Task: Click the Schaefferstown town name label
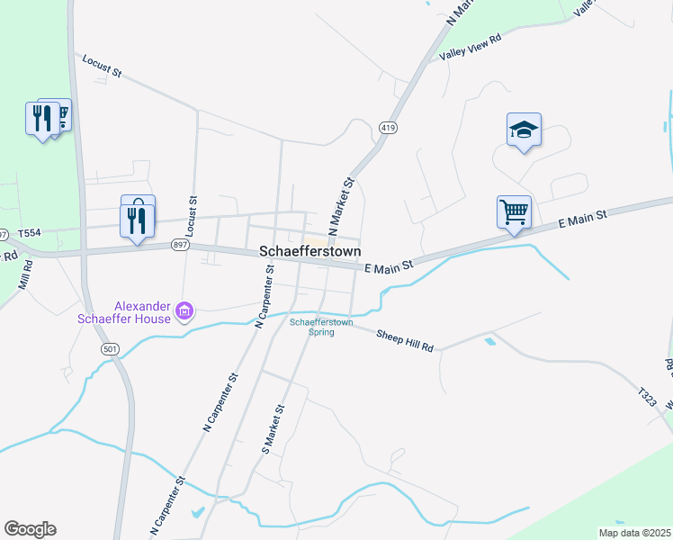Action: [310, 252]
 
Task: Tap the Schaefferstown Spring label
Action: [321, 327]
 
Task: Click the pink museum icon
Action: [185, 311]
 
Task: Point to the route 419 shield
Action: [388, 129]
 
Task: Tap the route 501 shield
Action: [111, 348]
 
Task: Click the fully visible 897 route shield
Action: [179, 244]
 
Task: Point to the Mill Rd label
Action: [25, 275]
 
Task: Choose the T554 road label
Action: [30, 232]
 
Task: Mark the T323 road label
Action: [647, 397]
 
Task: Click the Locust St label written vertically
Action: [191, 215]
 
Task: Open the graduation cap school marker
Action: [524, 132]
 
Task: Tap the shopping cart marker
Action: [514, 213]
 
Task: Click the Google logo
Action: [30, 529]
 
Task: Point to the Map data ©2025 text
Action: [634, 533]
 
